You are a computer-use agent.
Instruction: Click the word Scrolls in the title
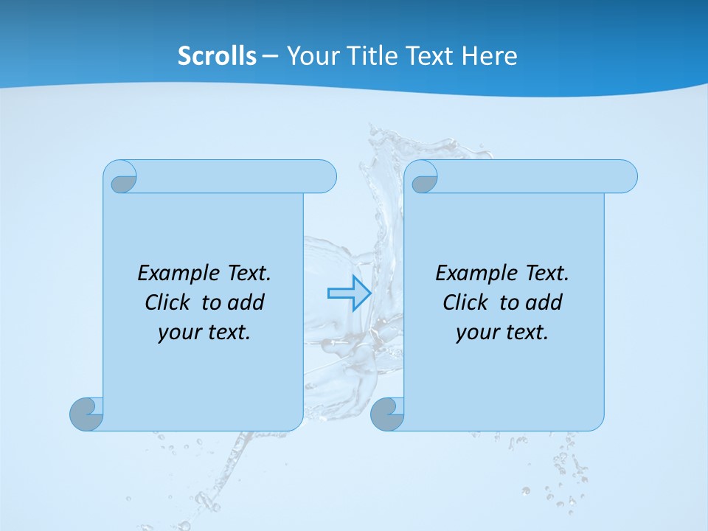point(217,56)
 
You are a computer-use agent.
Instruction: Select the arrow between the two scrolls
point(349,294)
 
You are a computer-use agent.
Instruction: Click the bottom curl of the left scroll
point(87,414)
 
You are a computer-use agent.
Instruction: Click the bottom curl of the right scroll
point(388,414)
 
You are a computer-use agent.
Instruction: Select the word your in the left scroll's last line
point(177,333)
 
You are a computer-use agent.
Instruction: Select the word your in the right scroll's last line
point(475,333)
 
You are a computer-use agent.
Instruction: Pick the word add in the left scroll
point(247,302)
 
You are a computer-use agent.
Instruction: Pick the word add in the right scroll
point(545,302)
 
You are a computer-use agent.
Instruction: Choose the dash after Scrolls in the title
point(270,57)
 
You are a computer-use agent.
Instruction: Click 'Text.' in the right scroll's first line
point(546,274)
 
